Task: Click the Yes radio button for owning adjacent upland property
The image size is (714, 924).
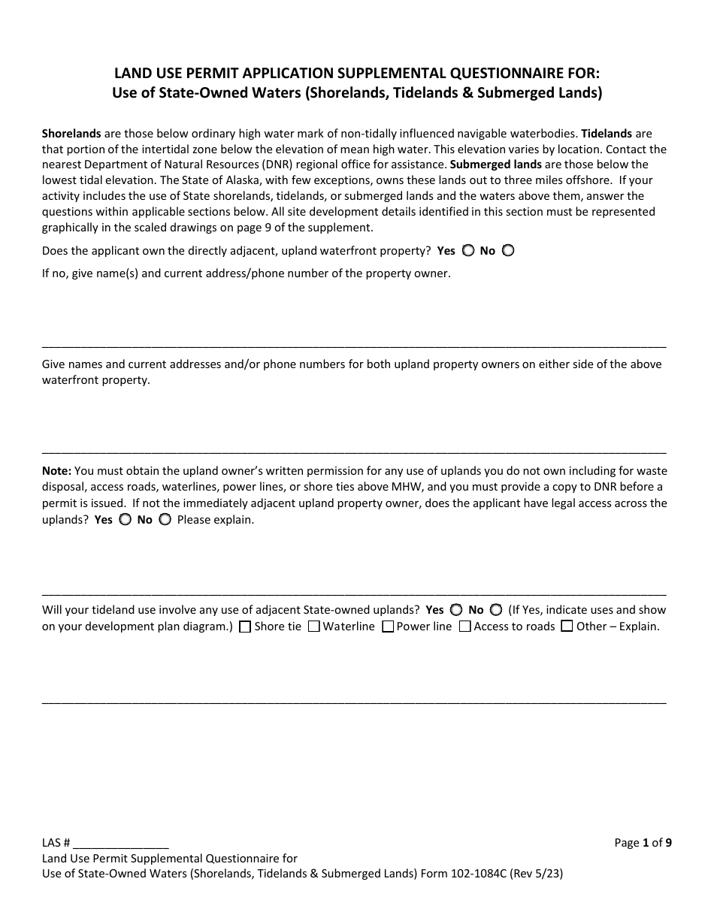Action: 467,251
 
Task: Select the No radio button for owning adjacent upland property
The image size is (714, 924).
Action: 508,251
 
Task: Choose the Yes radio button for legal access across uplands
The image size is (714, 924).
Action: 125,519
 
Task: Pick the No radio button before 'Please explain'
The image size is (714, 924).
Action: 165,519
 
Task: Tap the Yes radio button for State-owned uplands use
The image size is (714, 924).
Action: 455,610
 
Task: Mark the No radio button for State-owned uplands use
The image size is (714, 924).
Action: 496,610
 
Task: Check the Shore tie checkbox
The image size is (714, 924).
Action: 244,627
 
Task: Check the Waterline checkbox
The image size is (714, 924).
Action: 313,627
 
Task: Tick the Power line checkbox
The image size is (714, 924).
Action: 388,627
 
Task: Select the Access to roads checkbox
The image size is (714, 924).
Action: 464,627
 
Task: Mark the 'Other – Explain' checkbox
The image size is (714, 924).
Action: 567,627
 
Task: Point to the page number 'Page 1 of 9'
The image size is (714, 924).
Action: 643,843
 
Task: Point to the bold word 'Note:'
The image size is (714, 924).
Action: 56,471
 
